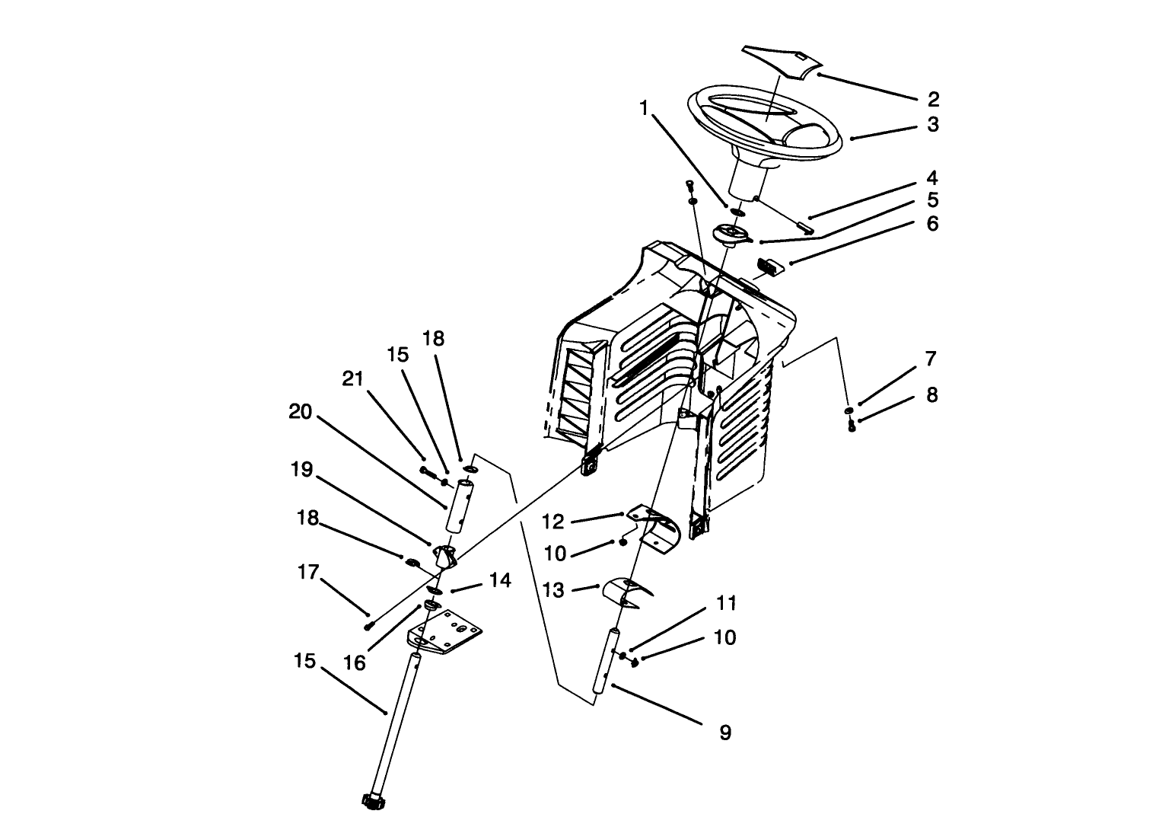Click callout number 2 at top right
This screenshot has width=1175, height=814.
coord(933,99)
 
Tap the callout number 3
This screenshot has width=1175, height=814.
coord(933,124)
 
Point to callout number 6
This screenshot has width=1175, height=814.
coord(932,224)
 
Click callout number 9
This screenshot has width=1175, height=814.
coord(724,733)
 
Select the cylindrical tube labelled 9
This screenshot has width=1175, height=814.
coord(605,660)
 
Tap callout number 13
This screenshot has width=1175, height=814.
coord(554,589)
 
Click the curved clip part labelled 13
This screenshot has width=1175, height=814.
coord(626,592)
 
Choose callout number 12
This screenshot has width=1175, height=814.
coord(553,522)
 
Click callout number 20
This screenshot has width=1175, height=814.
coord(301,412)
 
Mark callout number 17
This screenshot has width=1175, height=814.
coord(308,573)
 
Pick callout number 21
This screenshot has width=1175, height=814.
coord(352,378)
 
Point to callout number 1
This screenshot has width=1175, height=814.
coord(644,109)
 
